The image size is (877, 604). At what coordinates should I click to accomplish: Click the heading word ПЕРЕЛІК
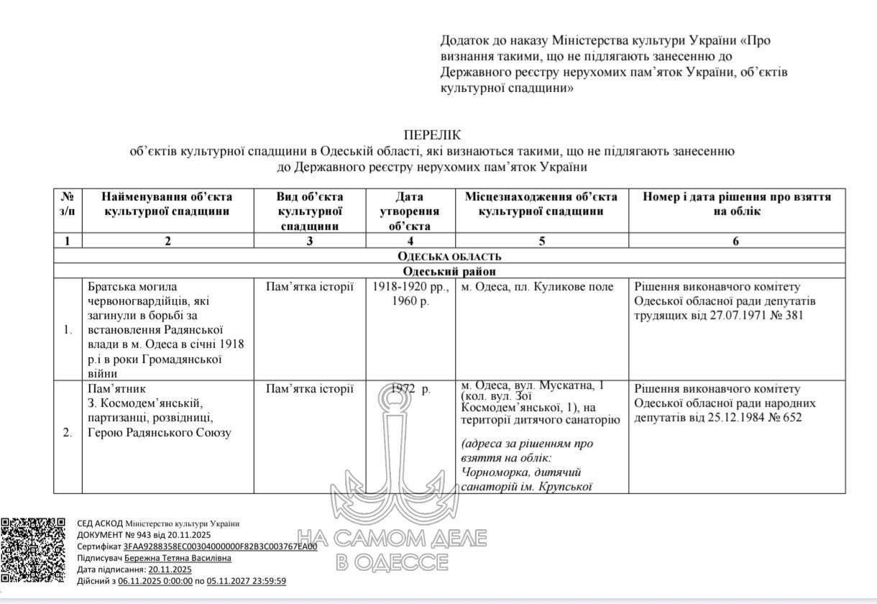[431, 134]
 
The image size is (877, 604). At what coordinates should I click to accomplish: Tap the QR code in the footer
[35, 550]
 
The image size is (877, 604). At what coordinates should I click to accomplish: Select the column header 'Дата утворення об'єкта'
[410, 211]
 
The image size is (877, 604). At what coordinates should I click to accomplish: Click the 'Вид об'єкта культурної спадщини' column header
[310, 211]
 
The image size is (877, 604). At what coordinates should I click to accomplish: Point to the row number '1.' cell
[68, 330]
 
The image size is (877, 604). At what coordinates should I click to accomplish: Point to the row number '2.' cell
[68, 433]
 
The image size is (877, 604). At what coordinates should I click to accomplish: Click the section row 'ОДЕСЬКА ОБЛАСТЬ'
[449, 256]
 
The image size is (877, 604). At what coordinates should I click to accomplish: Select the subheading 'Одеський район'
[449, 271]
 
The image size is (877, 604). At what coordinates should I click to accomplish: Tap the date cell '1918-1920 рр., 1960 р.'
[410, 293]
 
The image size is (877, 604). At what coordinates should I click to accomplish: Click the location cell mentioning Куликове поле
[537, 287]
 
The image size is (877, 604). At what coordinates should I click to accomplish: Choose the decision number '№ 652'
[783, 417]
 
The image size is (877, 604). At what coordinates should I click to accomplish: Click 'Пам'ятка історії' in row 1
[309, 287]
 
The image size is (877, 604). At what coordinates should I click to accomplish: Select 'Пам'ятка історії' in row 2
[309, 389]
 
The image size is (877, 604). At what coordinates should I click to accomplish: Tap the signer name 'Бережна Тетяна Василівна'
[178, 558]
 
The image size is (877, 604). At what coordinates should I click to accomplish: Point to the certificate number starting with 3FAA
[220, 546]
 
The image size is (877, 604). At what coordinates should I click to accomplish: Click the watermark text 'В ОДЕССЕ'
[392, 562]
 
